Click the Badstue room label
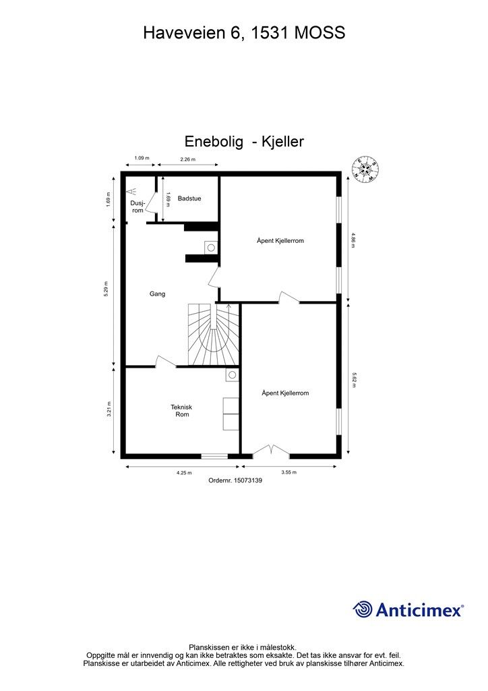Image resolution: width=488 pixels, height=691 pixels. tap(189, 198)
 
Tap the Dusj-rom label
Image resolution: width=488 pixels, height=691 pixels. tap(138, 206)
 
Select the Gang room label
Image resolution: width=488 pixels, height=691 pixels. tap(157, 294)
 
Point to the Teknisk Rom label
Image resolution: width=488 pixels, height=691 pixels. tap(182, 411)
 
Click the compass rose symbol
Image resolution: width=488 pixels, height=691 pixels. tap(366, 169)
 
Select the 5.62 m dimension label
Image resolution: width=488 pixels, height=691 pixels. tap(353, 379)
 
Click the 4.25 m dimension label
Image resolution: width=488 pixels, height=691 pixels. tap(184, 473)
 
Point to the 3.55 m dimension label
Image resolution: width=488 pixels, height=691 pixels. tap(288, 472)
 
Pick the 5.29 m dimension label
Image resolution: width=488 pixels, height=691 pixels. tap(106, 289)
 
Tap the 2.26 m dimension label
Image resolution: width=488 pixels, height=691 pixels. tap(188, 159)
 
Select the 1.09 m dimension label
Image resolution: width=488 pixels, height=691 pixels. tap(142, 158)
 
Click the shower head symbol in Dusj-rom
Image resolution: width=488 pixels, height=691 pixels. tap(131, 191)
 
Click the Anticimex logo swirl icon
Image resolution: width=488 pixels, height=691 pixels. tap(363, 609)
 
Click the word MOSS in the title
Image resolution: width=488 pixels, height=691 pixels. tap(319, 32)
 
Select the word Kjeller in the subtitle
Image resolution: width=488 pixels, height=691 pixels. tap(282, 142)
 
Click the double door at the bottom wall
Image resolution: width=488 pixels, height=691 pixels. tap(271, 450)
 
